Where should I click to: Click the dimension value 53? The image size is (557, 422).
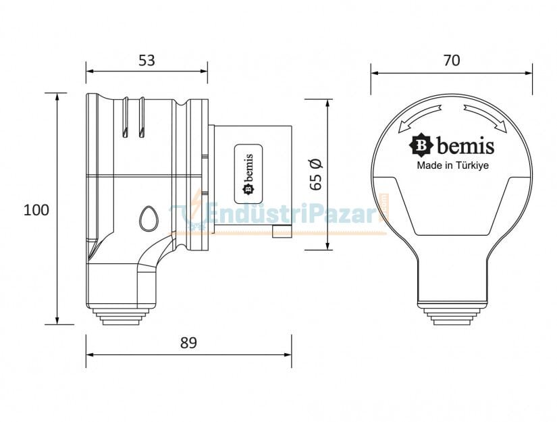click(147, 60)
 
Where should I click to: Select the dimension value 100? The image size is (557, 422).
click(36, 209)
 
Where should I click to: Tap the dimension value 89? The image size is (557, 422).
click(188, 343)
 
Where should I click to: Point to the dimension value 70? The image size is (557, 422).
click(451, 60)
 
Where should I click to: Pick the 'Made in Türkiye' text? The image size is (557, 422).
click(451, 164)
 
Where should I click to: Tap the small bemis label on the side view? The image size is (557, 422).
click(248, 174)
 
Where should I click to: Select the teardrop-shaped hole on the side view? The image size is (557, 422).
click(147, 218)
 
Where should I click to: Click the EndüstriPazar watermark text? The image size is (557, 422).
click(290, 215)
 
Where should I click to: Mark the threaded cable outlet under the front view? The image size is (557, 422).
click(451, 315)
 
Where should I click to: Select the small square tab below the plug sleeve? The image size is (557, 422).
click(281, 232)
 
